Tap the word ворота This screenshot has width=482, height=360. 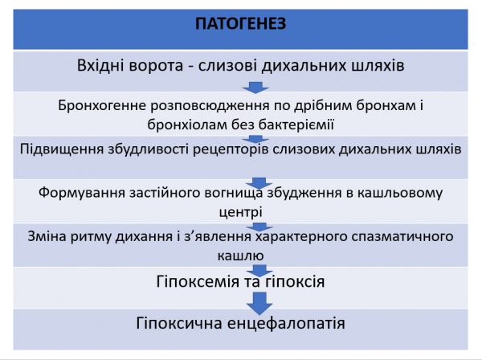pyautogui.click(x=169, y=65)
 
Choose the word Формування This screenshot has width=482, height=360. pyautogui.click(x=80, y=194)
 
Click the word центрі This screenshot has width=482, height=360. pyautogui.click(x=241, y=212)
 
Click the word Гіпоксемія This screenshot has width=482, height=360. pyautogui.click(x=182, y=282)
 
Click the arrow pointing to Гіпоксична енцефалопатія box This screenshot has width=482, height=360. pyautogui.click(x=258, y=304)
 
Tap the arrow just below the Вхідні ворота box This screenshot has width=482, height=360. pyautogui.click(x=253, y=87)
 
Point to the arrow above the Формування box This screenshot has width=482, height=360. pyautogui.click(x=258, y=180)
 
